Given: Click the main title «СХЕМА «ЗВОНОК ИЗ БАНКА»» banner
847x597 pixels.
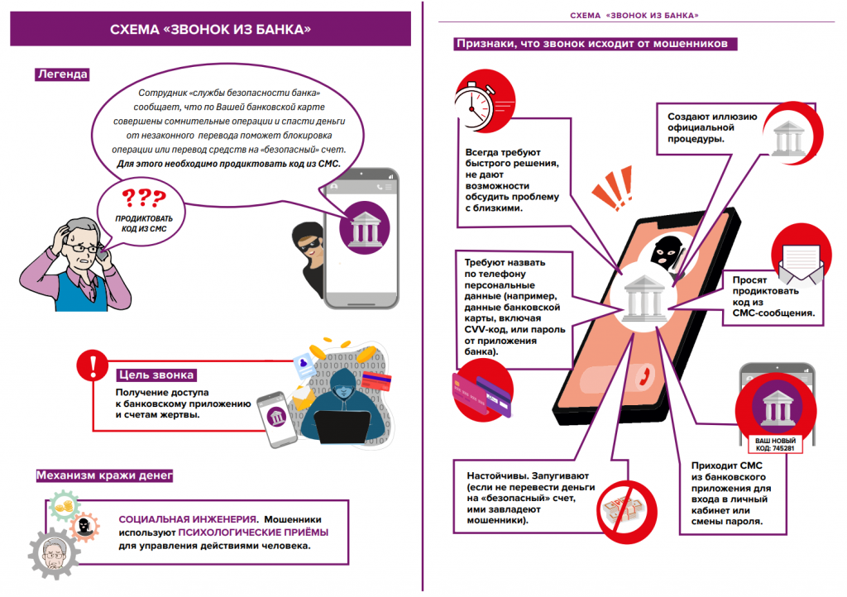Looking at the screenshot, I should pyautogui.click(x=210, y=31).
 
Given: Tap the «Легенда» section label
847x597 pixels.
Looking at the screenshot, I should pyautogui.click(x=62, y=74).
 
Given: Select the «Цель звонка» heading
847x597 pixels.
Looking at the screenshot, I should pyautogui.click(x=156, y=373).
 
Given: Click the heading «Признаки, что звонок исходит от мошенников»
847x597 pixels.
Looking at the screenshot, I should pyautogui.click(x=591, y=44).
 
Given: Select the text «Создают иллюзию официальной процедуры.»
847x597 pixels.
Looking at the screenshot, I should pyautogui.click(x=711, y=127).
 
